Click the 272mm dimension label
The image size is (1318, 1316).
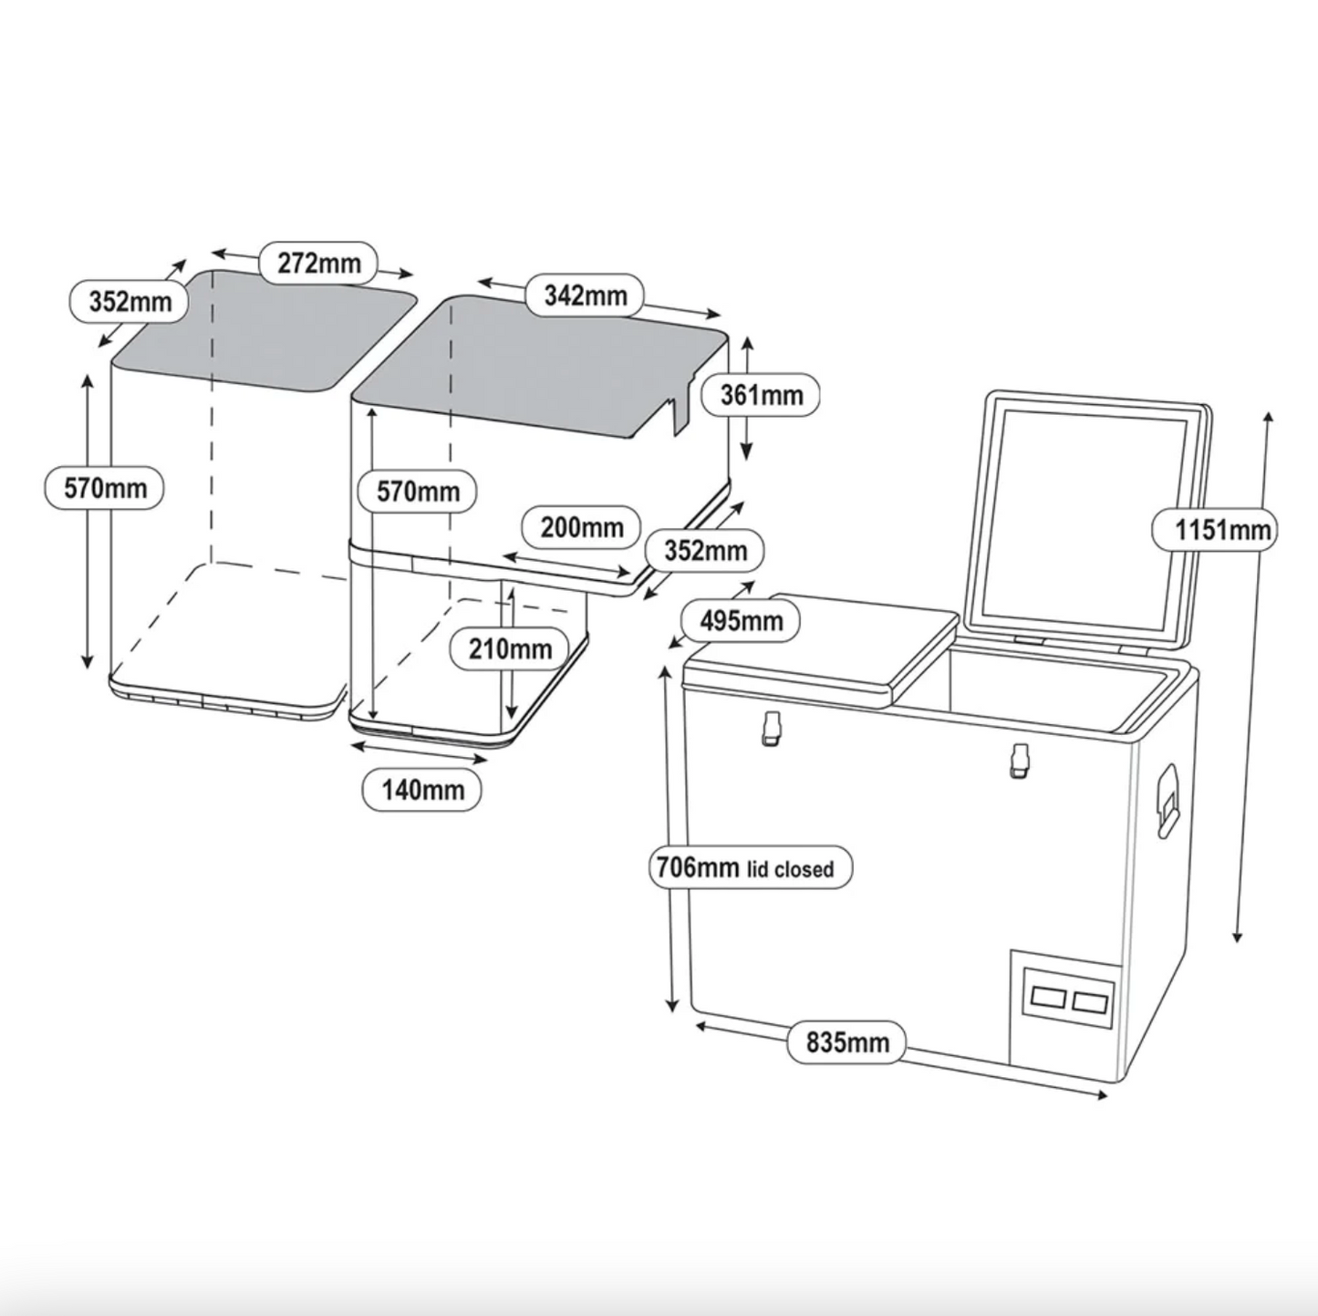coord(318,264)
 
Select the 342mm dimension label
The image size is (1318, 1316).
coord(586,295)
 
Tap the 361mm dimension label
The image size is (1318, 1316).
coord(761,396)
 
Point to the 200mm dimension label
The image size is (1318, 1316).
coord(581,528)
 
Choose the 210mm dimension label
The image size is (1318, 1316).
coord(509,648)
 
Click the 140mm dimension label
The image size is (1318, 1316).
coord(421,790)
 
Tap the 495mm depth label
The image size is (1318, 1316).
coord(741,621)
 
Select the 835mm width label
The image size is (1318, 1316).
coord(847,1041)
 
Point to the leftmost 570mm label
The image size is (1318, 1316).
coord(104,489)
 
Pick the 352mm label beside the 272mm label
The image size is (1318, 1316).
coord(129,301)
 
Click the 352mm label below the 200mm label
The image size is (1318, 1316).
coord(704,551)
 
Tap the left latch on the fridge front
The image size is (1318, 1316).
coord(772,729)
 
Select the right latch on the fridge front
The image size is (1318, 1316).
coord(1017,761)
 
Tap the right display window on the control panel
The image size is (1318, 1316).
coord(1090,1004)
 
